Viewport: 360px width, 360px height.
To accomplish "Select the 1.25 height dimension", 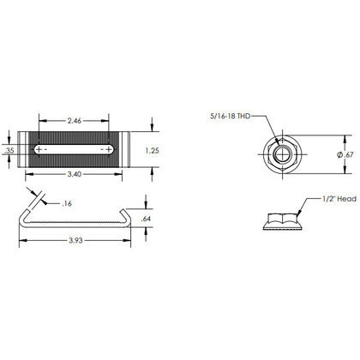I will pyautogui.click(x=153, y=149).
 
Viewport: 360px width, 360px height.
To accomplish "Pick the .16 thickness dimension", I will pyautogui.click(x=66, y=204).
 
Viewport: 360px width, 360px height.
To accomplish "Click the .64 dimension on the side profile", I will pyautogui.click(x=147, y=219).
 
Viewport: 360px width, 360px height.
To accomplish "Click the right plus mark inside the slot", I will pyautogui.click(x=108, y=149).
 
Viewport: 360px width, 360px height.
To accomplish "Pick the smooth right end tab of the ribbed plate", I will pyautogui.click(x=123, y=149).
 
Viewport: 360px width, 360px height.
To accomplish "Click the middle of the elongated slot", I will pyautogui.click(x=73, y=149).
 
